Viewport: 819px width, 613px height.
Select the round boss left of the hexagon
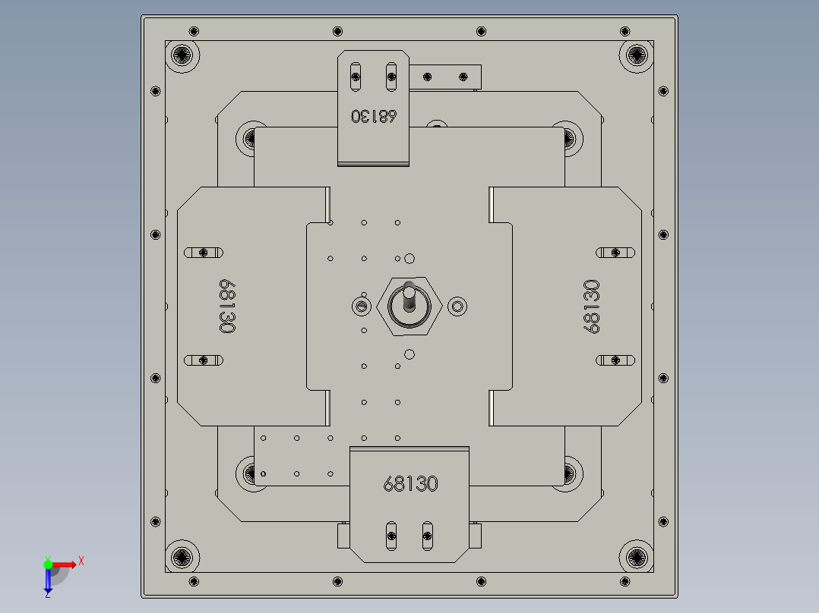(x=360, y=306)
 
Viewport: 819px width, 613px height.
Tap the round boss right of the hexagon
(x=457, y=306)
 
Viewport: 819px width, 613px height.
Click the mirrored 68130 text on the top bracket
(x=374, y=116)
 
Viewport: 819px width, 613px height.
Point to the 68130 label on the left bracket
(x=226, y=306)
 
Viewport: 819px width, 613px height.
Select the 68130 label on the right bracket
(x=592, y=306)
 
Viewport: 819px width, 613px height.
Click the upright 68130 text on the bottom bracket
(x=410, y=483)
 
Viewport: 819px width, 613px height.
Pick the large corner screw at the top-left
(x=183, y=55)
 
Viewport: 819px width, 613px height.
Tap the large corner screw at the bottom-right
(x=636, y=558)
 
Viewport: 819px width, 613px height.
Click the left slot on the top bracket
(x=354, y=76)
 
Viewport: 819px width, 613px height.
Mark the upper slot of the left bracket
(x=204, y=252)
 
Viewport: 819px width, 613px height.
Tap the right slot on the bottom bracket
(x=427, y=536)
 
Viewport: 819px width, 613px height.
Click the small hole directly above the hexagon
(x=409, y=259)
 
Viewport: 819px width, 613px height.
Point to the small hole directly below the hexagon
(x=409, y=354)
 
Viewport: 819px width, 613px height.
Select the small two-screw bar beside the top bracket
(x=446, y=76)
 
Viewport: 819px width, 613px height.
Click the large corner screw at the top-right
(x=636, y=55)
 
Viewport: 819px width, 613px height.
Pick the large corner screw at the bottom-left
(x=183, y=558)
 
